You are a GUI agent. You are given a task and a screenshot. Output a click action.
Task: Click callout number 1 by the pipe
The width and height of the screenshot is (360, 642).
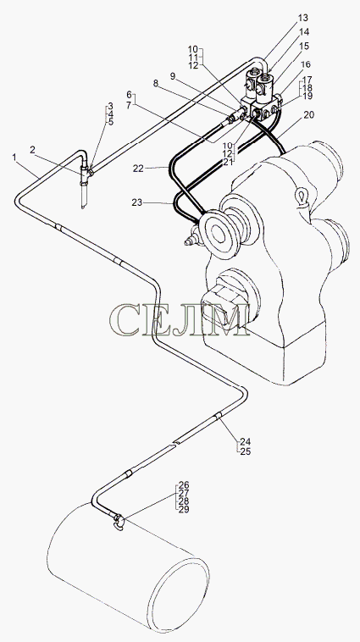pyautogui.click(x=15, y=157)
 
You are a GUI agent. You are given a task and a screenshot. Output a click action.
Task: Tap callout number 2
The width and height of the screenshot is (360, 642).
pyautogui.click(x=33, y=150)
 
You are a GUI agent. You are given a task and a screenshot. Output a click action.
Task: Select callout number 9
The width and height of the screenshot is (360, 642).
pyautogui.click(x=173, y=75)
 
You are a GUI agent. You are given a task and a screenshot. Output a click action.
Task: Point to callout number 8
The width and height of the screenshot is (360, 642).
pyautogui.click(x=156, y=83)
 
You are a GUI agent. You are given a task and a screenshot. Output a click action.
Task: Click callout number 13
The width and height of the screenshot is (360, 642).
pyautogui.click(x=302, y=18)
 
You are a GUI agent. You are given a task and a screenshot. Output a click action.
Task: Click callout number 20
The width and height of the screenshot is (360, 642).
pyautogui.click(x=309, y=115)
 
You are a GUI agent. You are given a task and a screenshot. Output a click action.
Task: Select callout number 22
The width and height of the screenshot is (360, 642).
pyautogui.click(x=138, y=168)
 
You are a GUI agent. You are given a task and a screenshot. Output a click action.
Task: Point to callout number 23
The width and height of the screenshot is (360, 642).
pyautogui.click(x=138, y=202)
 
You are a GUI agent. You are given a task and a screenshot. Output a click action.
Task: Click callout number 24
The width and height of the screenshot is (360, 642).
pyautogui.click(x=246, y=442)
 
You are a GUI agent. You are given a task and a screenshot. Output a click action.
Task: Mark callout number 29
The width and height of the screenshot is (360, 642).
pyautogui.click(x=183, y=509)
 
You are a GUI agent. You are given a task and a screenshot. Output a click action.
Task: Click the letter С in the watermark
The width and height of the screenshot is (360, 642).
pyautogui.click(x=125, y=319)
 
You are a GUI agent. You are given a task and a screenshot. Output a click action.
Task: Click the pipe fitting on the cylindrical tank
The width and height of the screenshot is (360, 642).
pyautogui.click(x=118, y=521)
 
